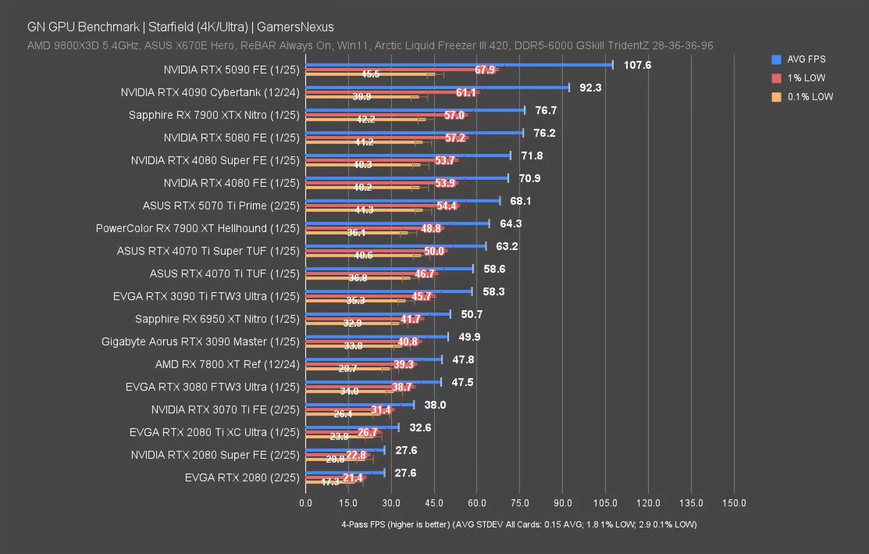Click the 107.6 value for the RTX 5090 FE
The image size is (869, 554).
(637, 65)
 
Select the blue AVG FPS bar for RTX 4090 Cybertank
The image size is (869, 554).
(437, 87)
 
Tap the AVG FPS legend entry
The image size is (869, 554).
(806, 59)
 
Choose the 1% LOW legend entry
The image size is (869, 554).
(806, 78)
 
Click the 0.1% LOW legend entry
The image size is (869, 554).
(809, 97)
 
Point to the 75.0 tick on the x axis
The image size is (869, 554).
(520, 503)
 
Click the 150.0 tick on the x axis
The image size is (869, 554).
(734, 503)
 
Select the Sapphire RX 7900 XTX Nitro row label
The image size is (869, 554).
(214, 115)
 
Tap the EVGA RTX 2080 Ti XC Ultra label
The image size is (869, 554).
(214, 432)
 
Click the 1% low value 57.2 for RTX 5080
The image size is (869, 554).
(455, 138)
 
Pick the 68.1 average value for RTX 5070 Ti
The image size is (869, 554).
(520, 201)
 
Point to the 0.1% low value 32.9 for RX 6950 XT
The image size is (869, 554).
(352, 323)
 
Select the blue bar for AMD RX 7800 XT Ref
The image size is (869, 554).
(373, 359)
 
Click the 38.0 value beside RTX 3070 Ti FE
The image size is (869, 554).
(435, 405)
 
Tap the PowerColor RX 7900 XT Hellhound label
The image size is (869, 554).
(197, 228)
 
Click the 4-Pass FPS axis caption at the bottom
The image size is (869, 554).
(519, 524)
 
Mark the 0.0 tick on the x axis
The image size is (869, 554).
(306, 503)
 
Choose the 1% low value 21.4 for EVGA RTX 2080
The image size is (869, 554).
(353, 478)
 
